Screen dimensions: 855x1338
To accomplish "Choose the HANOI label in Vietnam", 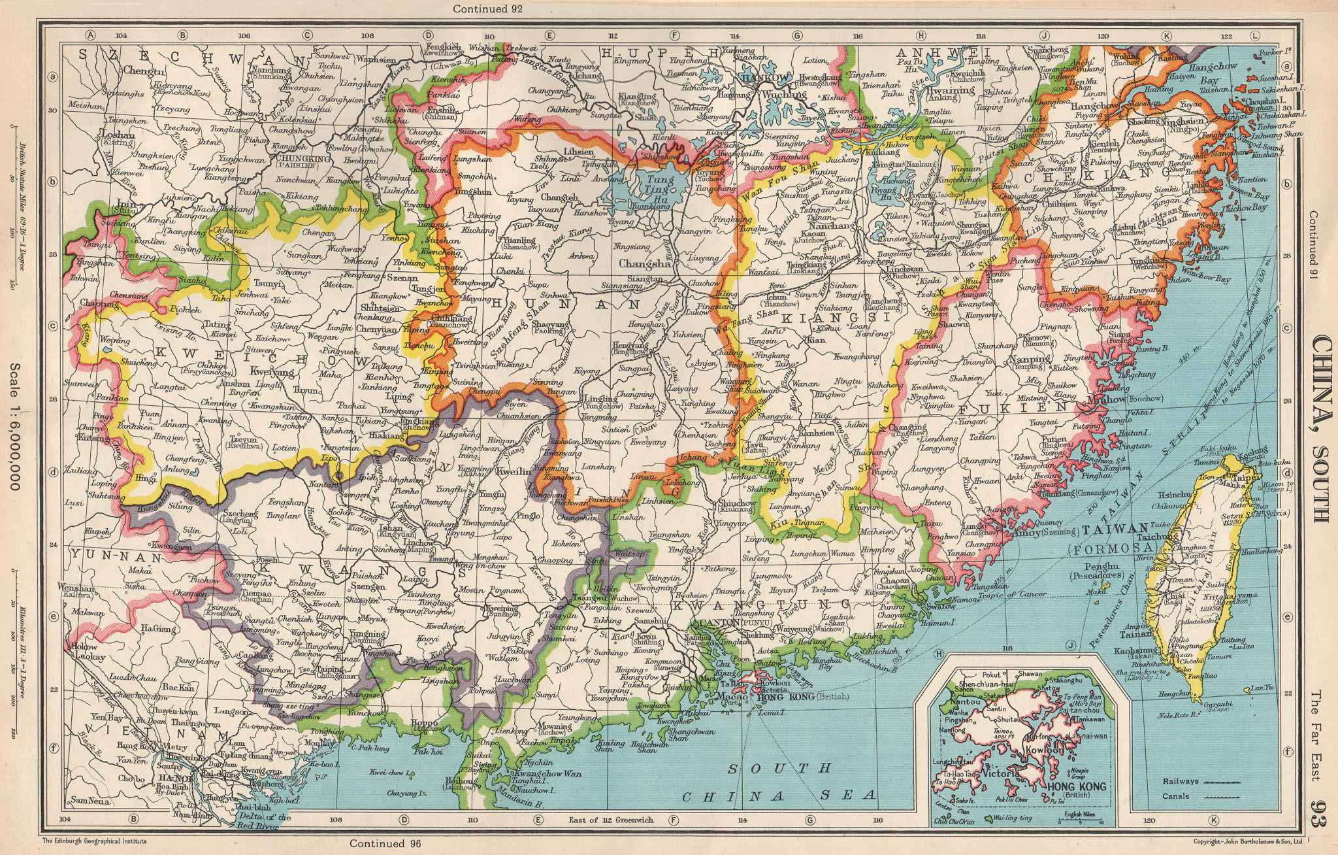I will tap(176, 778).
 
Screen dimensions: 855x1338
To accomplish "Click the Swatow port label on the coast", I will tap(940, 606).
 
